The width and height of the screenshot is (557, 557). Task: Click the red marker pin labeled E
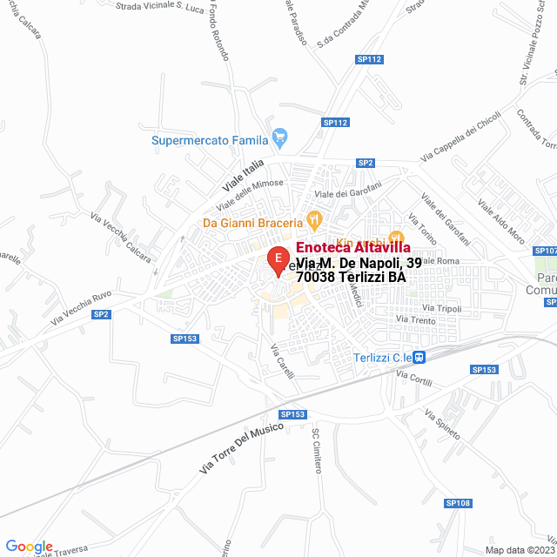[277, 258]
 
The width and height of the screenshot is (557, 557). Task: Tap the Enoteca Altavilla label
[346, 248]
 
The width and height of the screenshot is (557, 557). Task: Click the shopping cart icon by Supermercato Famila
[279, 137]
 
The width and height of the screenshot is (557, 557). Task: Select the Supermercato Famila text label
[209, 138]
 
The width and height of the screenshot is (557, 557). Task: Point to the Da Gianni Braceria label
[252, 222]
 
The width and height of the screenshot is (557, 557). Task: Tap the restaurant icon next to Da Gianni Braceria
[315, 218]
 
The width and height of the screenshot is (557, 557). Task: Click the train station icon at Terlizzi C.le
[419, 357]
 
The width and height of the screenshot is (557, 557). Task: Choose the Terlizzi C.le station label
[382, 358]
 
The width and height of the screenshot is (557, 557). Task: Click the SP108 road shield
[458, 503]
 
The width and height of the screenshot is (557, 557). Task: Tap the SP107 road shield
[546, 251]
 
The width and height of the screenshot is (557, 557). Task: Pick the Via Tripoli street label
[441, 308]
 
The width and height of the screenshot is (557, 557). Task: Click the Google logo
[30, 546]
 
